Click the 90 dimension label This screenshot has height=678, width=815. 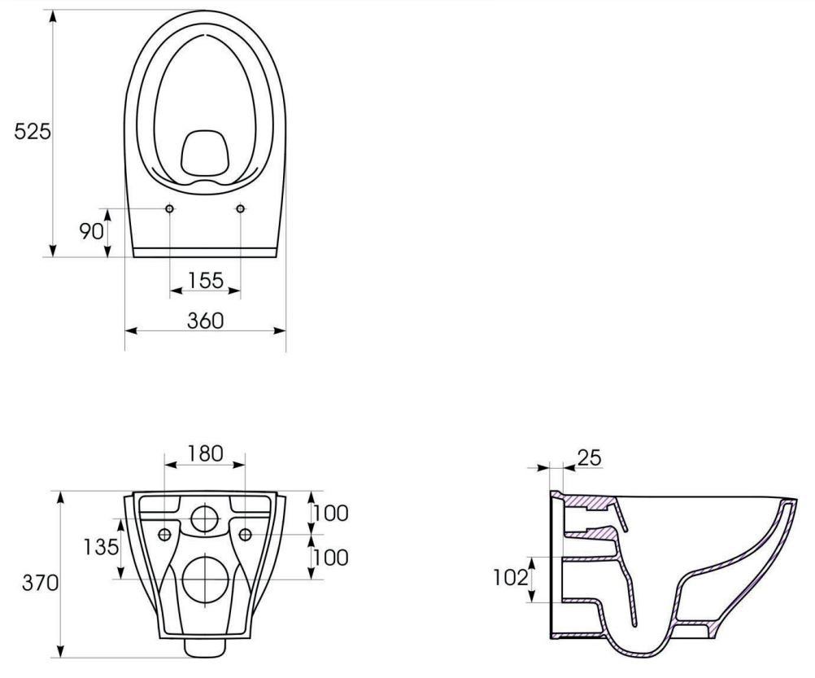(92, 231)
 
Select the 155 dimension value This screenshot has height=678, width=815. (205, 280)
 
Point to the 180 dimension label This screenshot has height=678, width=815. (205, 453)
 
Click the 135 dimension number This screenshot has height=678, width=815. (100, 545)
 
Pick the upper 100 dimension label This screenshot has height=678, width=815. (332, 514)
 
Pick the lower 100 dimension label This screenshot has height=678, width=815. (332, 558)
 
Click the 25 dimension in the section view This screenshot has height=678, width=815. (591, 458)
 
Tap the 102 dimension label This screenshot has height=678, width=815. (510, 577)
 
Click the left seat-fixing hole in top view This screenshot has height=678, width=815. (169, 209)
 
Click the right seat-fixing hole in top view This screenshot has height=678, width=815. (241, 209)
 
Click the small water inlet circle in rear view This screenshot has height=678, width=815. (205, 518)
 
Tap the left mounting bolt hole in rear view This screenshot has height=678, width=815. (165, 534)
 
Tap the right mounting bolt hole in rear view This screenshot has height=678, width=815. (245, 534)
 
